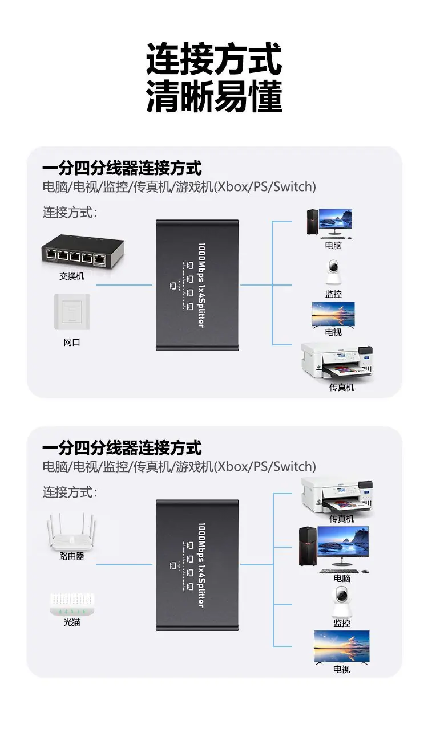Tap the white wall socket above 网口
(72, 312)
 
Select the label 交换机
(72, 276)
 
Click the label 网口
(72, 343)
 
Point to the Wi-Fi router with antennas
(71, 531)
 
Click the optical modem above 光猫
(72, 604)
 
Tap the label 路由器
(72, 556)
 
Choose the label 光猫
(72, 622)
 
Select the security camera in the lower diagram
(341, 602)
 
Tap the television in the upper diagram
(333, 315)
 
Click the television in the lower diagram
(341, 647)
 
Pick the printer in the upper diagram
(337, 362)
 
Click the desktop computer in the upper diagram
(330, 223)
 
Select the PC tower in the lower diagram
(308, 546)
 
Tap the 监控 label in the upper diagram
(333, 294)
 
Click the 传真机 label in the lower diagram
(341, 519)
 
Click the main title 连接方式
(214, 59)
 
